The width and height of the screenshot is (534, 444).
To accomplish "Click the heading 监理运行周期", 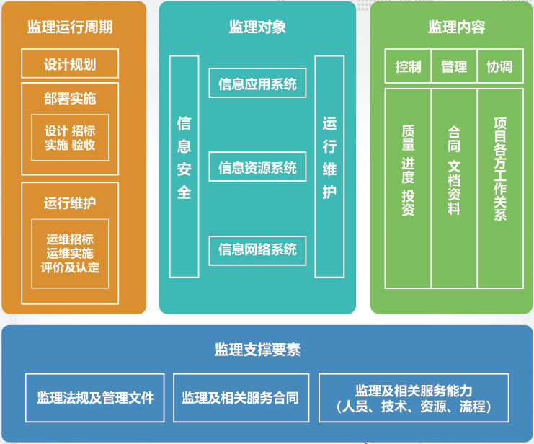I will click(x=70, y=28).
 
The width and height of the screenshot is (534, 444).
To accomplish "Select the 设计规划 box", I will click(x=70, y=64).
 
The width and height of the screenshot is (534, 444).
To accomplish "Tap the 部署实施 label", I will click(x=70, y=99).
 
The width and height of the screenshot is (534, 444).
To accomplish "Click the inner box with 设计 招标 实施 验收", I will click(x=70, y=138).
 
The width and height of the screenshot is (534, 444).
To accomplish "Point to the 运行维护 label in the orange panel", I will click(x=70, y=203).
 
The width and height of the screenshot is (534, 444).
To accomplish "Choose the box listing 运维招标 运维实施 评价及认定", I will click(x=70, y=253).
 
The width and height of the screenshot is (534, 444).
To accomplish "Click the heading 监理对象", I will click(x=257, y=28).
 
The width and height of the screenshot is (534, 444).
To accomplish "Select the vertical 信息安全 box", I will click(x=184, y=166).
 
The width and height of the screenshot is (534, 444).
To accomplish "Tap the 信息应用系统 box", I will click(x=257, y=84).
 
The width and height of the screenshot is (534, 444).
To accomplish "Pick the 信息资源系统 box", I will click(x=257, y=167).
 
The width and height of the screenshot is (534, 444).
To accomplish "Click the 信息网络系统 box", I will click(x=257, y=249).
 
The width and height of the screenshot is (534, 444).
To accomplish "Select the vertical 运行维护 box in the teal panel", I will click(x=329, y=166).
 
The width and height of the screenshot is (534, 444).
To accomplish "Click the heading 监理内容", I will click(x=456, y=28).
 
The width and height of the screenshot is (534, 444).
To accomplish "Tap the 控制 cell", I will click(x=408, y=67).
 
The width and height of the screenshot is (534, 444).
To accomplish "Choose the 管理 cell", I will click(x=454, y=67).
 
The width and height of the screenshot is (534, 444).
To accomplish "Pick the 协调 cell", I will click(x=499, y=67).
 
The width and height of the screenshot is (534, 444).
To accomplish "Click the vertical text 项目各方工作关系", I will click(x=499, y=169).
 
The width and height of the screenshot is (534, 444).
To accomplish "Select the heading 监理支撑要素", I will click(x=257, y=350).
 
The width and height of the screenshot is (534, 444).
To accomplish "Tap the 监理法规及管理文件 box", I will click(x=95, y=397).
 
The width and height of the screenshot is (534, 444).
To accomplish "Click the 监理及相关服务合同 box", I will click(x=241, y=397).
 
